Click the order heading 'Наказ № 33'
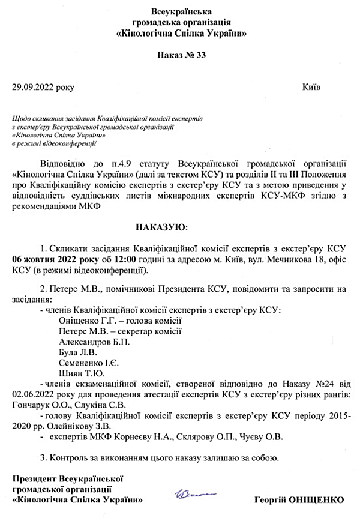point(181,55)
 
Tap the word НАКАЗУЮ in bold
point(161,229)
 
